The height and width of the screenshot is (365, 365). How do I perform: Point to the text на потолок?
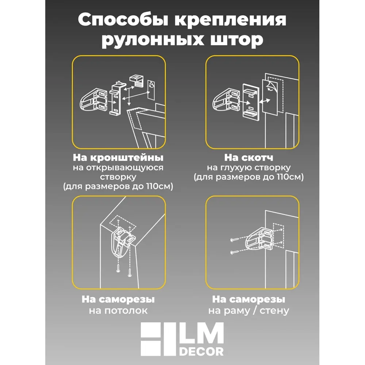click(118, 311)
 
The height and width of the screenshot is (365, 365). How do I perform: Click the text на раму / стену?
click(249, 311)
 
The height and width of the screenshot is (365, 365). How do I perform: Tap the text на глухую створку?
click(249, 168)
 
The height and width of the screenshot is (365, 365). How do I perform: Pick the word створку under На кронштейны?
click(118, 177)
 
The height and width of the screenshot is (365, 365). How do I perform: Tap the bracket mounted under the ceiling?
click(123, 241)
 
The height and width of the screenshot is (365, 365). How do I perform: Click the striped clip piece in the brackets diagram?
click(137, 81)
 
